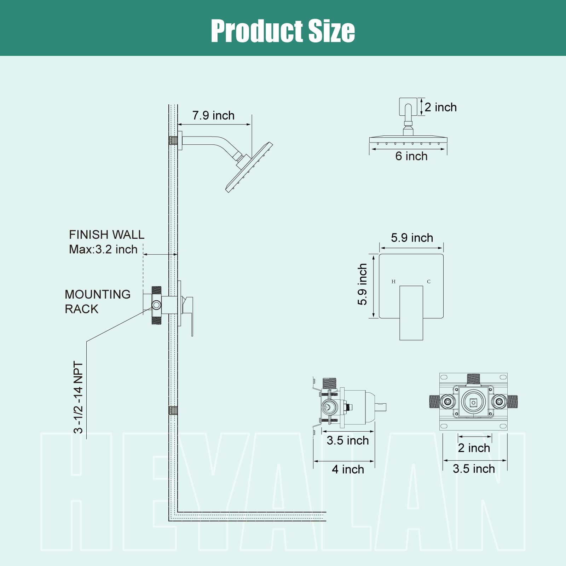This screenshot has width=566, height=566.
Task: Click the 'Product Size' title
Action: (x=283, y=31)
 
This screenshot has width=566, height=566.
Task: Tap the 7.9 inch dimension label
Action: (x=213, y=115)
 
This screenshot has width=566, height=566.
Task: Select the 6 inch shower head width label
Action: (x=411, y=156)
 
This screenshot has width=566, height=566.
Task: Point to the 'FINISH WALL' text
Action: (x=106, y=235)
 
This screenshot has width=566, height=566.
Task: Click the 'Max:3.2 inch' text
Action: (x=103, y=249)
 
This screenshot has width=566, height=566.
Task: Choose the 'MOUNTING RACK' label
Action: (x=98, y=301)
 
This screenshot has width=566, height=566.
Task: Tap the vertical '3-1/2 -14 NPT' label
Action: (x=78, y=397)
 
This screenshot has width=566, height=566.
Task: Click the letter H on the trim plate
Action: (x=393, y=282)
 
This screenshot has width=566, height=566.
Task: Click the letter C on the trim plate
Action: (x=429, y=282)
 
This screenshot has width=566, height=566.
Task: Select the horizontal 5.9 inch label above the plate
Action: (x=412, y=238)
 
